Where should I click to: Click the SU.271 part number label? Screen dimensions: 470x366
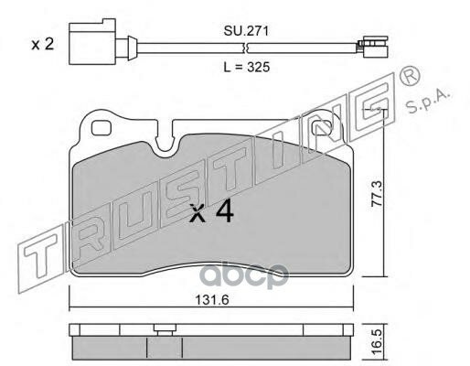(x=246, y=31)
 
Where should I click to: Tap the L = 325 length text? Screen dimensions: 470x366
(x=247, y=67)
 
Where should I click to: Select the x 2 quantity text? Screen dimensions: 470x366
(x=43, y=44)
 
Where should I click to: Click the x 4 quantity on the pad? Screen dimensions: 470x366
(x=211, y=212)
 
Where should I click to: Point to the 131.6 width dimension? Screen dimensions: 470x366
(x=212, y=300)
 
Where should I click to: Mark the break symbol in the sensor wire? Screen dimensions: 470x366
(x=246, y=48)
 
